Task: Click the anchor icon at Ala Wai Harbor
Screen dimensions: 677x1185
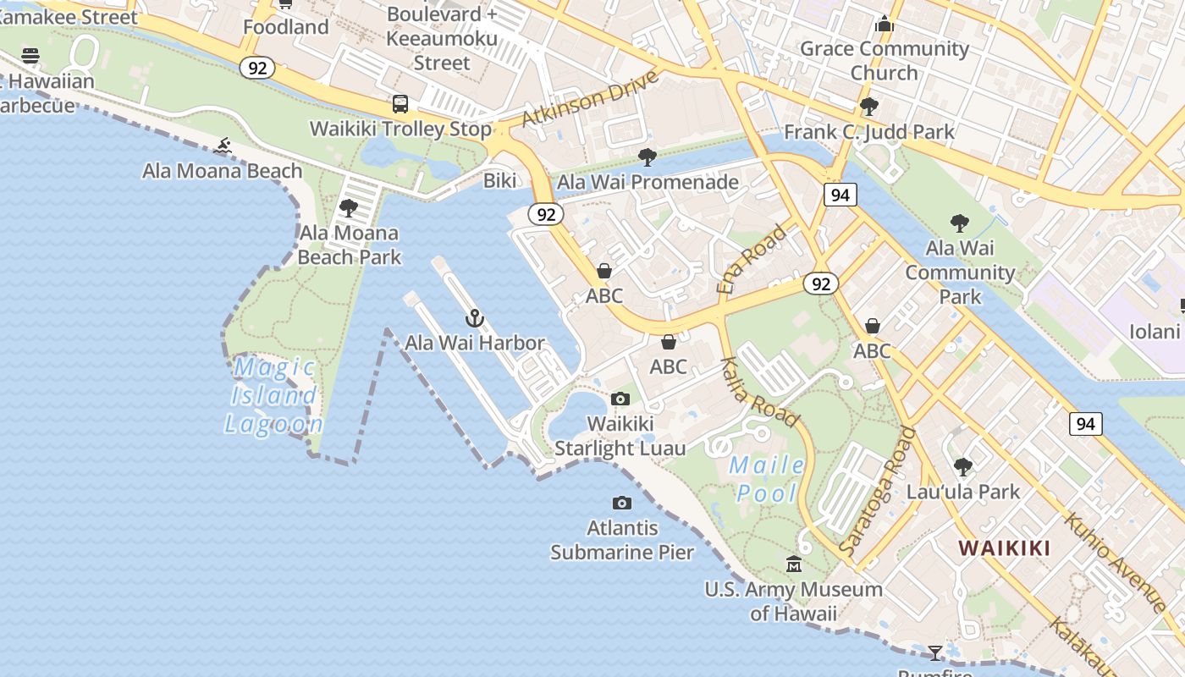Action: point(475,319)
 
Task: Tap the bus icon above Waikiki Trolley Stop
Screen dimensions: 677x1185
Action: point(400,104)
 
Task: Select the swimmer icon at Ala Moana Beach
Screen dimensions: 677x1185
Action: point(223,146)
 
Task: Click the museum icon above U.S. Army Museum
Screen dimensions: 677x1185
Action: point(794,564)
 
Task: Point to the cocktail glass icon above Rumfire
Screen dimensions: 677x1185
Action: point(934,652)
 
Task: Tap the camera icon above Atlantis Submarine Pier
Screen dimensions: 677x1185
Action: point(622,504)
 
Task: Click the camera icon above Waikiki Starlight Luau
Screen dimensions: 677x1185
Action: point(620,399)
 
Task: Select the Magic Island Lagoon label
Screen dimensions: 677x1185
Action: point(274,395)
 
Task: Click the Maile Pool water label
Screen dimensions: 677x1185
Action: point(767,478)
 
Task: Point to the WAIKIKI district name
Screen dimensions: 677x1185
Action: point(1004,548)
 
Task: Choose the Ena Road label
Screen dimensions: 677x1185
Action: point(752,259)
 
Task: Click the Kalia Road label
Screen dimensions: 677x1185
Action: point(759,392)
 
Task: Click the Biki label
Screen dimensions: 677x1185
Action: point(499,180)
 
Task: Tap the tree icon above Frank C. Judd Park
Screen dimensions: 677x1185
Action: point(868,107)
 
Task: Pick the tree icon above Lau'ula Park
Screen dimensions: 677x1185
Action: point(962,466)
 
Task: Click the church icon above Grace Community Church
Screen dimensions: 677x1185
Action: point(885,24)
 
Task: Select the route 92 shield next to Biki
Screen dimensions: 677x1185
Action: point(546,214)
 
